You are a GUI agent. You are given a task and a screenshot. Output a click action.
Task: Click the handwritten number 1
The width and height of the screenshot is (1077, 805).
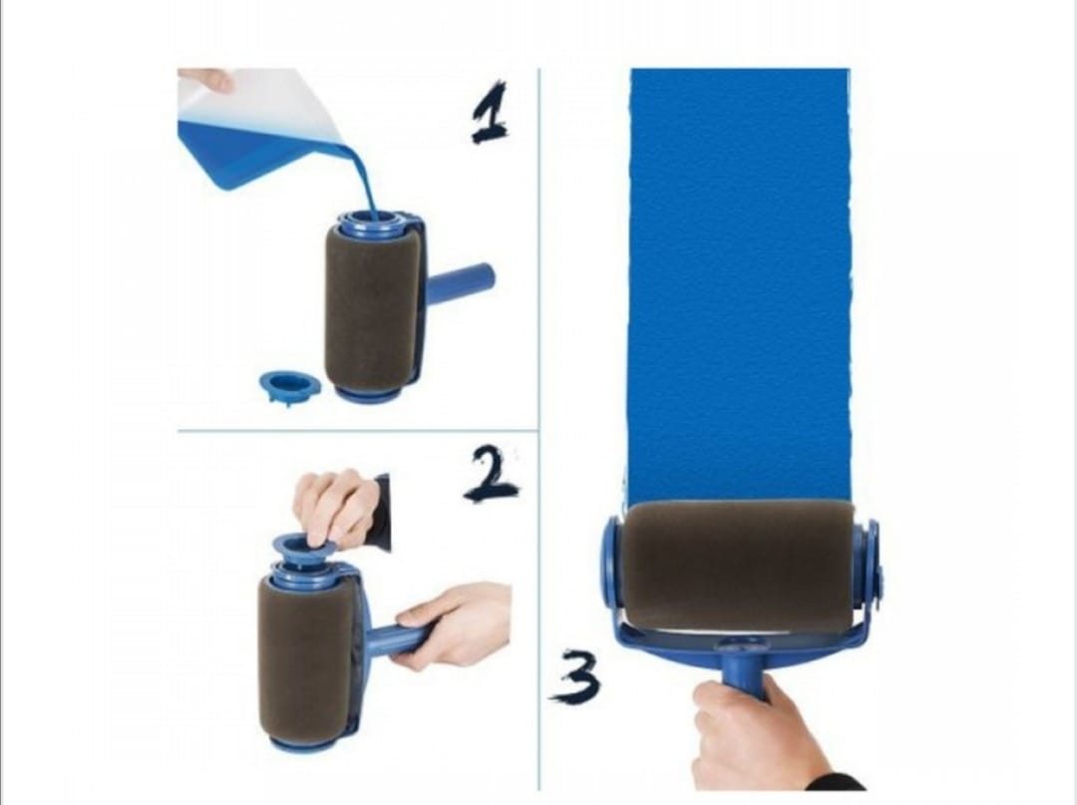tap(489, 114)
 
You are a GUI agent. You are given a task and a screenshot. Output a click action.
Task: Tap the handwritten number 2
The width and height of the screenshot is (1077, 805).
tap(492, 474)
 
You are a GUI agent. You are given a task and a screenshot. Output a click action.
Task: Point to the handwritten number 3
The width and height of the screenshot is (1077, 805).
tap(575, 676)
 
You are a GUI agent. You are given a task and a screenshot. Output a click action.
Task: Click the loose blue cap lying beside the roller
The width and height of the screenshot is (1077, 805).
tap(290, 387)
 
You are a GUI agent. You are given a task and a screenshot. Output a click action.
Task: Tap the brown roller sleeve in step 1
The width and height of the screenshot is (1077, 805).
tap(372, 309)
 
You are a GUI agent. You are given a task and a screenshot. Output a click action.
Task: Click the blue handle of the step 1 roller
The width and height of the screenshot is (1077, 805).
tap(460, 283)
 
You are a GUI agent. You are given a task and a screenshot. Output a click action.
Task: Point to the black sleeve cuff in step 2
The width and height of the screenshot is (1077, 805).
tap(381, 513)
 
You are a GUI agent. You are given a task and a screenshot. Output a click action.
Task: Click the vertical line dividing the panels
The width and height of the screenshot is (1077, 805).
tap(539, 429)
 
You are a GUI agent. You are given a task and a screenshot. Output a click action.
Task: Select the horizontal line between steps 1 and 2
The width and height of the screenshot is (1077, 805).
tap(358, 431)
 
